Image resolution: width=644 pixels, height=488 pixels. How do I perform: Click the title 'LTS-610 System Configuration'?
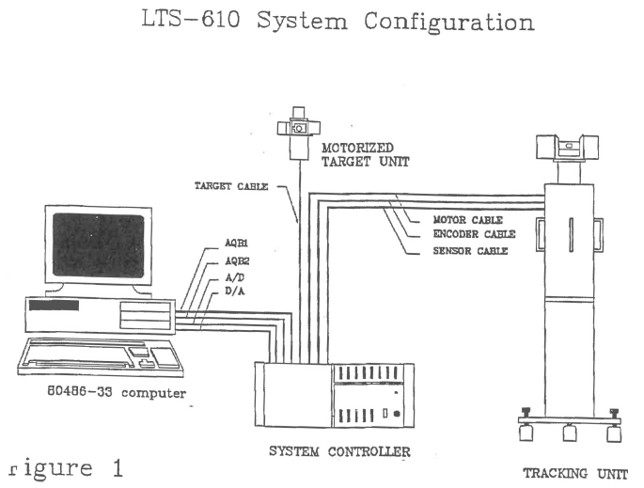(x=338, y=21)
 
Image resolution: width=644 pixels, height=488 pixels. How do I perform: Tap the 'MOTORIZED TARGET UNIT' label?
(x=365, y=155)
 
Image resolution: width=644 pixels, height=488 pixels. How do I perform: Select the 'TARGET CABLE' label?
(x=231, y=186)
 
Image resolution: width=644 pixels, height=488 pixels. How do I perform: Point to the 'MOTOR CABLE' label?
(x=468, y=220)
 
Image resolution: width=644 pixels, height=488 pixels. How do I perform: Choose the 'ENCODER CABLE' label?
(x=474, y=234)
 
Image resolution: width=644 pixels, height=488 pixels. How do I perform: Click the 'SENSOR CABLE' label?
(x=470, y=250)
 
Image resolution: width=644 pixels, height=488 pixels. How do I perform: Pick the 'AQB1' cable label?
(x=236, y=244)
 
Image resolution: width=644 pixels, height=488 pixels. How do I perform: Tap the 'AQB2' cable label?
(x=237, y=261)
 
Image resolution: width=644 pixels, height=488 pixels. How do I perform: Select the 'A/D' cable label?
(x=234, y=277)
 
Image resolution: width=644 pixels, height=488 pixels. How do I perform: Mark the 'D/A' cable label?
(x=234, y=291)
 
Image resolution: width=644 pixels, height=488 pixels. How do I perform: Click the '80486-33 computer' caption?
(x=117, y=392)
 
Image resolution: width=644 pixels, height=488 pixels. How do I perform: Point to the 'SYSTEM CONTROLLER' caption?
(x=339, y=451)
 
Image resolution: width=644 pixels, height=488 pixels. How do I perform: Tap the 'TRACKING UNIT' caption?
(x=575, y=474)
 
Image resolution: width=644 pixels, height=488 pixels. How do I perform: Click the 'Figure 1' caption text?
(x=66, y=468)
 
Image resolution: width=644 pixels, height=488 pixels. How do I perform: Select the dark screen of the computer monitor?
(x=99, y=245)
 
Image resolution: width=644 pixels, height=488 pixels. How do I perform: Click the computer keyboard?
(x=101, y=355)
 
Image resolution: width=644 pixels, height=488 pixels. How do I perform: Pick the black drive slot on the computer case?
(x=54, y=306)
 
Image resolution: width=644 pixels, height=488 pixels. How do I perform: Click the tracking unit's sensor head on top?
(x=567, y=147)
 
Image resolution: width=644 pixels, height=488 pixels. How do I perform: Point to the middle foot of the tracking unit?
(x=570, y=433)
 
